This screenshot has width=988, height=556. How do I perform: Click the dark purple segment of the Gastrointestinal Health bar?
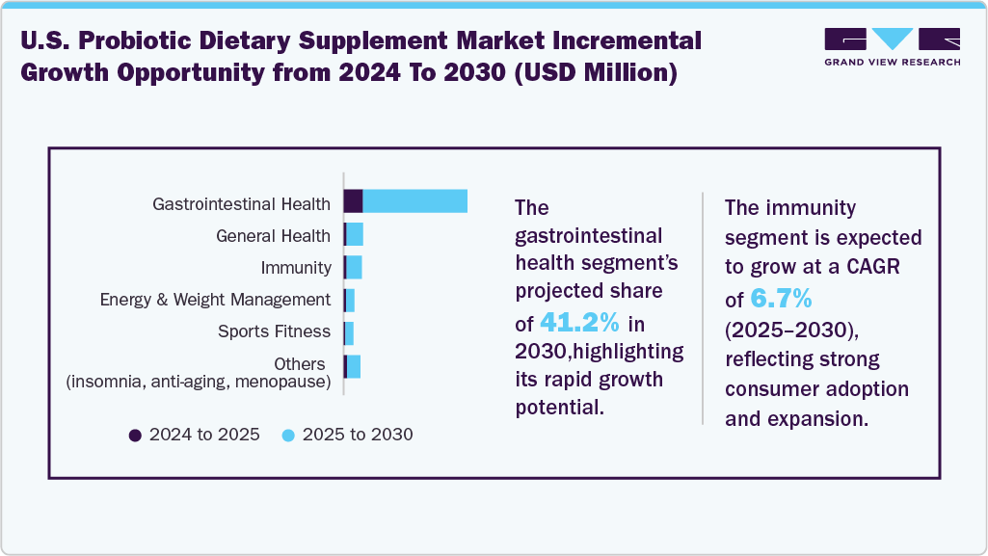tap(353, 201)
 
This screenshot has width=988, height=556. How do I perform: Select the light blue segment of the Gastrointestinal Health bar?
tap(415, 201)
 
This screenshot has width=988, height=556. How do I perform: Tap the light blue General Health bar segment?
tap(355, 234)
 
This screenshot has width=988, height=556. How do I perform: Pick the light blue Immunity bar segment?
tap(354, 267)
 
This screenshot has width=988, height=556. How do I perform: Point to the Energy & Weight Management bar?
tap(350, 300)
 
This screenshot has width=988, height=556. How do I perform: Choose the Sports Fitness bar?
tap(349, 332)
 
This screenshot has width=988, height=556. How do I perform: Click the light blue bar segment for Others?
tap(354, 366)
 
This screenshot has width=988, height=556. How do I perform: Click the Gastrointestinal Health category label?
tap(241, 203)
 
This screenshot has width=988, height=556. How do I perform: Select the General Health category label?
tap(273, 236)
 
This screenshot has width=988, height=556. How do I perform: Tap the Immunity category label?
tap(295, 268)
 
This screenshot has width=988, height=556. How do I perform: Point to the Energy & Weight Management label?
tap(215, 300)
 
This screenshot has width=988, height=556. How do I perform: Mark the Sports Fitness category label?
tap(274, 331)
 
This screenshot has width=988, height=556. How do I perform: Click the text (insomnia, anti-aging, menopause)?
tap(198, 383)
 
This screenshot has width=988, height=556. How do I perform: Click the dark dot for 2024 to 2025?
tap(136, 435)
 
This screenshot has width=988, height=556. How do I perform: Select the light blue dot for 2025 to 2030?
tap(288, 435)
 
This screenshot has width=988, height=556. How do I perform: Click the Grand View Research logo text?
tap(892, 62)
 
